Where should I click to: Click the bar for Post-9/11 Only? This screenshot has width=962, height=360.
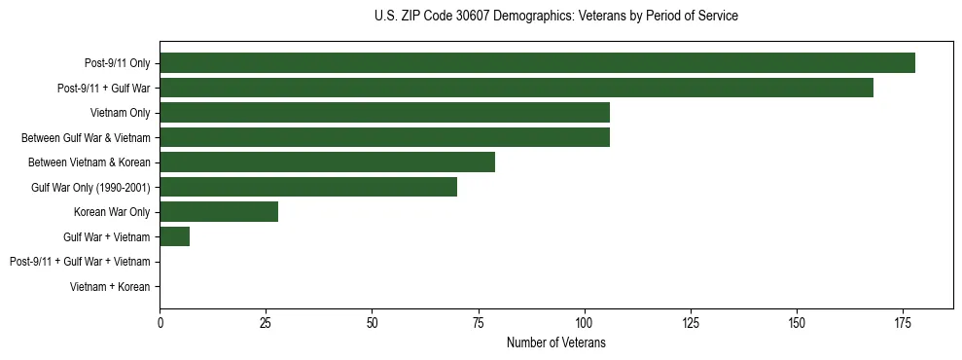537,63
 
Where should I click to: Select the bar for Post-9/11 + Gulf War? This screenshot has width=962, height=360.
517,88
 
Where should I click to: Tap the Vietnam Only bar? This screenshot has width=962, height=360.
384,113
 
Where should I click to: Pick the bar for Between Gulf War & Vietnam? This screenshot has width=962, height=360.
384,137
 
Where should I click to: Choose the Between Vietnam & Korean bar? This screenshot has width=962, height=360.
327,162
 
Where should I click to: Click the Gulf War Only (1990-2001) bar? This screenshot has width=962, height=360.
308,187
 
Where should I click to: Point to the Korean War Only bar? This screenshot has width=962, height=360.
219,212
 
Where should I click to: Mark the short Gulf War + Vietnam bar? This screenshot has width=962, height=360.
174,236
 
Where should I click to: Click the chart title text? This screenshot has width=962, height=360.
555,17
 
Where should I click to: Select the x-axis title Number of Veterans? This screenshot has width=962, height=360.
555,342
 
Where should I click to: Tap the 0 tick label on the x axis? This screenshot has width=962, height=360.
160,322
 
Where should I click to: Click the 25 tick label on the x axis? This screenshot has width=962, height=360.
266,322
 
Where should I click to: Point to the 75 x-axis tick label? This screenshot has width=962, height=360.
478,322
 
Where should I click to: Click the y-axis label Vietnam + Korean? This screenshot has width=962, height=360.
110,287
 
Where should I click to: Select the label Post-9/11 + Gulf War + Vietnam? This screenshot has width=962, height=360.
80,262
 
